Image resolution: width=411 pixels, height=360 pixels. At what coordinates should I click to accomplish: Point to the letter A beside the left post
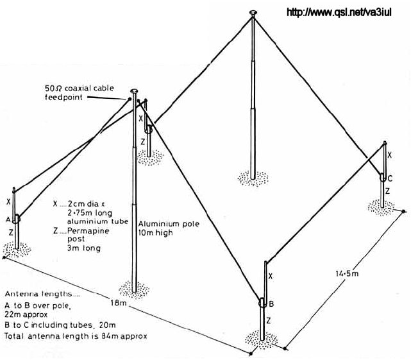[8, 219]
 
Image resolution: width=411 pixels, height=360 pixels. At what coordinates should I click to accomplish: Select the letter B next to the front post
[271, 304]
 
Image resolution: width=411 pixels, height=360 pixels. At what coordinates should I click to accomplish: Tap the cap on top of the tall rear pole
[253, 12]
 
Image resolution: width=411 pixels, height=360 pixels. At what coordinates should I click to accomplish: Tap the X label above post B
[271, 276]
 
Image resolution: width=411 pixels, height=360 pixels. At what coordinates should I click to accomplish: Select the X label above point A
[8, 201]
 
